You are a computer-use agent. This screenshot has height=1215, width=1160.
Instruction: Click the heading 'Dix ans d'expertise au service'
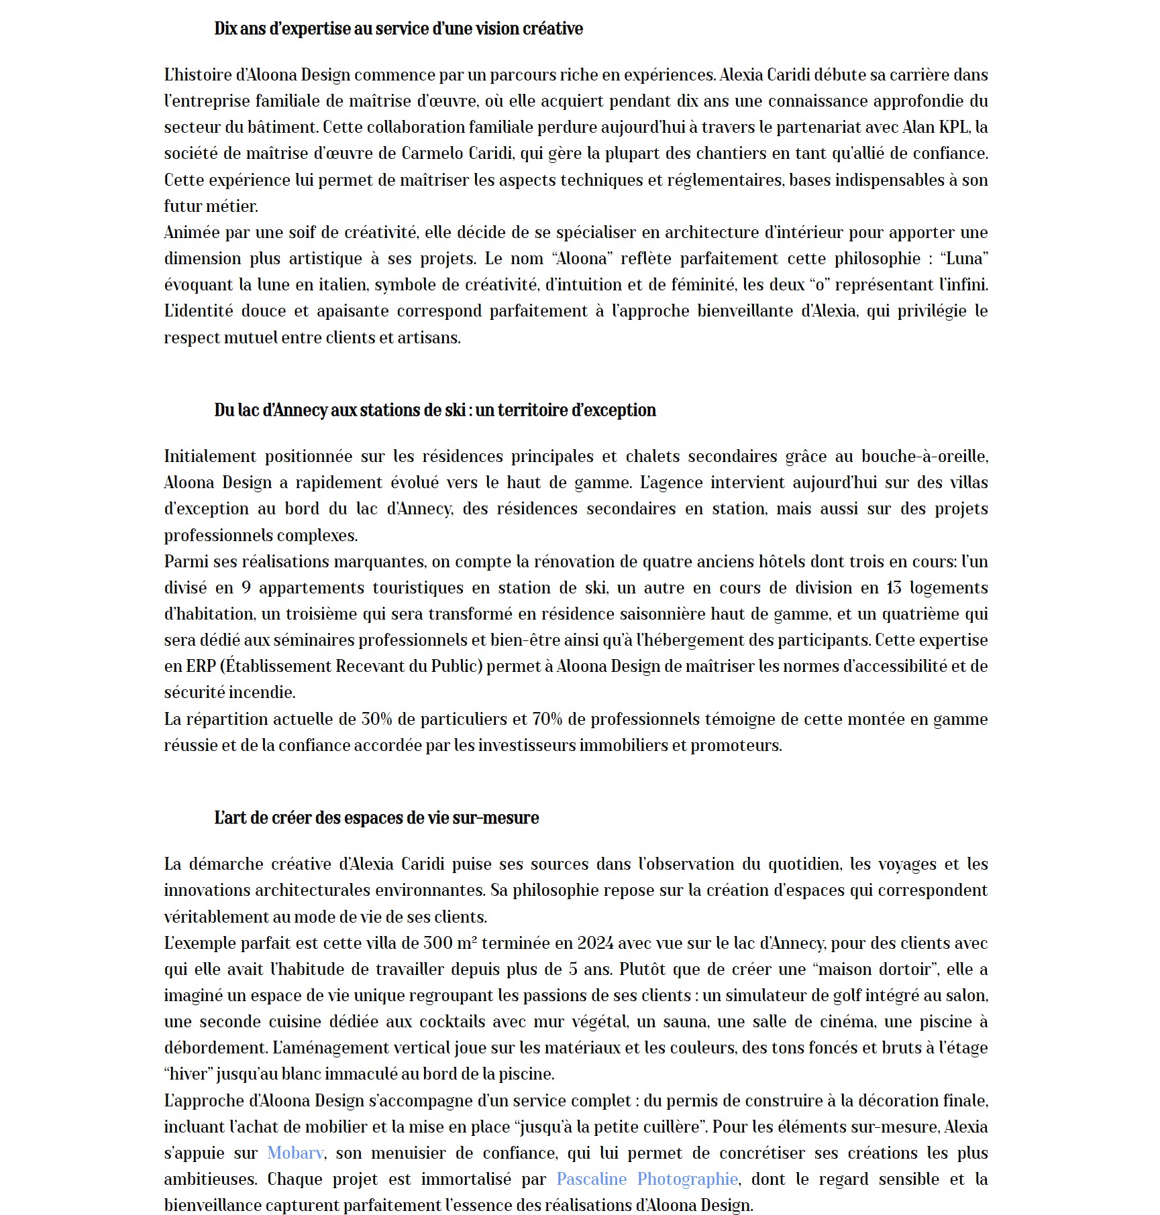[x=398, y=29]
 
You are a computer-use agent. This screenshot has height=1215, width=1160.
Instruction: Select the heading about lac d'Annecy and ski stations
[x=435, y=410]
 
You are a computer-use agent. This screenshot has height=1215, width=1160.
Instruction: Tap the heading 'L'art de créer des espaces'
[x=376, y=818]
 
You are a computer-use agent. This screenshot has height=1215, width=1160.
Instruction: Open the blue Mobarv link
[x=295, y=1153]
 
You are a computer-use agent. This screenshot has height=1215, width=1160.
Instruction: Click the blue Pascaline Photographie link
[x=647, y=1179]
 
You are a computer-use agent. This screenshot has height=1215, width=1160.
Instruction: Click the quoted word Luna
[x=965, y=259]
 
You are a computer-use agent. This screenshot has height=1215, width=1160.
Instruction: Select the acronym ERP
[x=201, y=667]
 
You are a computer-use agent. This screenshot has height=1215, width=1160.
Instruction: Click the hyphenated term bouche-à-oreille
[x=924, y=457]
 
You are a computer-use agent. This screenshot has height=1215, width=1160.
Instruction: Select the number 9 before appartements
[x=246, y=588]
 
